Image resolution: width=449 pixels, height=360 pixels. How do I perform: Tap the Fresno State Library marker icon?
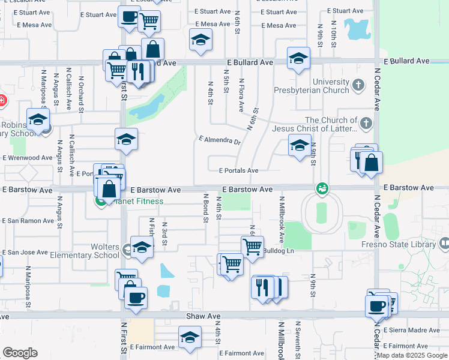coord(444,244)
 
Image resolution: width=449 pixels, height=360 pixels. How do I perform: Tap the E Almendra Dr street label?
coord(220,142)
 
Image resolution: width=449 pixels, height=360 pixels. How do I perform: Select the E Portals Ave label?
coord(238,170)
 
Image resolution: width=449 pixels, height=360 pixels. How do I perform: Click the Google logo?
coord(20,353)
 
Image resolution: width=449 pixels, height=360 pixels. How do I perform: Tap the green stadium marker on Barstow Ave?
coord(322,188)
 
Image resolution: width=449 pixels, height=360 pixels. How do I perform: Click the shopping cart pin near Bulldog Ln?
coord(252,245)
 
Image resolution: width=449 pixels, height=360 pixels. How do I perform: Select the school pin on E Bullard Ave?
coord(298,59)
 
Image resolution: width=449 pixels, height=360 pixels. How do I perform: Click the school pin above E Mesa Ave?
coord(200,40)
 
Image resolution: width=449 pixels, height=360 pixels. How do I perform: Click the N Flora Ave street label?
coord(241,95)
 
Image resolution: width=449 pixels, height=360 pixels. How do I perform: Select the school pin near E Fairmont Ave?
coord(190,338)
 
